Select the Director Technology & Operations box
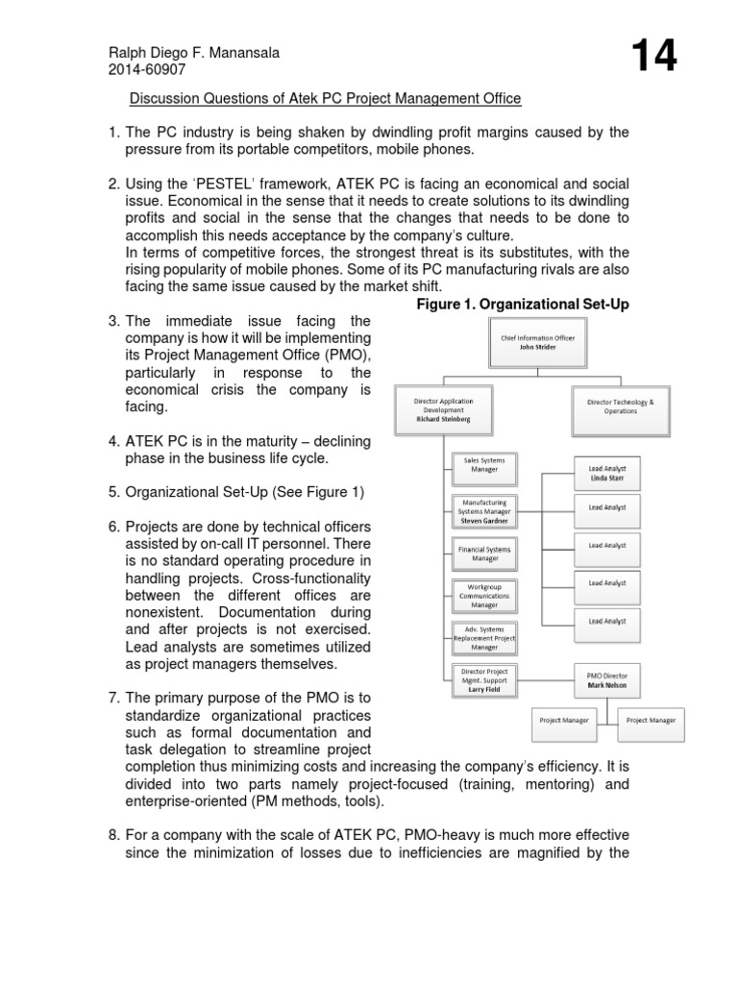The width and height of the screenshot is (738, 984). [619, 406]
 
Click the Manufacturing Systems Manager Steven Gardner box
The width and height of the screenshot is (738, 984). [484, 510]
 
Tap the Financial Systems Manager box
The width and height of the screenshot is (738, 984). [484, 553]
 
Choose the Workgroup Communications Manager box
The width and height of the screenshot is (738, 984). [484, 594]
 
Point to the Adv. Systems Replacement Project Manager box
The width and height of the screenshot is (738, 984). [484, 637]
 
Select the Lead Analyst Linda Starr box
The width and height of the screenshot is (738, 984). [607, 472]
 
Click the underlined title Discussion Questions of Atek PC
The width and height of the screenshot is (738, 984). [326, 98]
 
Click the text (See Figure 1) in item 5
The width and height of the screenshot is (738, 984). [318, 492]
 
